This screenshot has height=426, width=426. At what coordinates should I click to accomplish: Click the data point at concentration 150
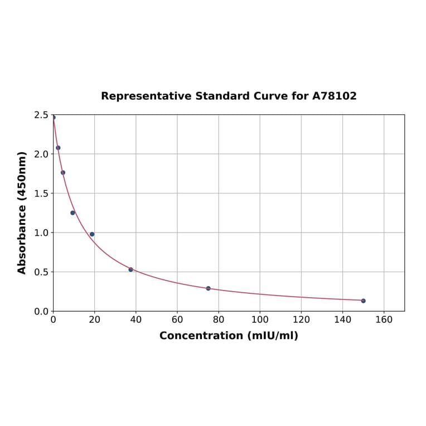(363, 301)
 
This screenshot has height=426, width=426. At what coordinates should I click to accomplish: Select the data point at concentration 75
(208, 288)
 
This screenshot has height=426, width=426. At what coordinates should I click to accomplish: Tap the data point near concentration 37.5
(130, 269)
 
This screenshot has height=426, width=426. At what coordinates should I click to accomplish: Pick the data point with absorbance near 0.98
(92, 234)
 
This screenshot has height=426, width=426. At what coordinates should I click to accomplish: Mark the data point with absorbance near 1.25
(72, 212)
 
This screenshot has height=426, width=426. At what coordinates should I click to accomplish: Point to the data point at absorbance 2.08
(58, 148)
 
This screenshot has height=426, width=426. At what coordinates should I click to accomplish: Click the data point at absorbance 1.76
(63, 172)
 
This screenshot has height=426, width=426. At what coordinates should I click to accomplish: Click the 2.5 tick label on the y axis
(41, 115)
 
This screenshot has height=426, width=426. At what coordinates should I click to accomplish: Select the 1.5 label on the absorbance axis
(41, 193)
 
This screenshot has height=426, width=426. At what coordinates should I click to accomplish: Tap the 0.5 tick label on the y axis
(41, 272)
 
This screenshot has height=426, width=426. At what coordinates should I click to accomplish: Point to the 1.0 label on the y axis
(41, 233)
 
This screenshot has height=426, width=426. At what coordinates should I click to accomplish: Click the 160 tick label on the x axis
(384, 320)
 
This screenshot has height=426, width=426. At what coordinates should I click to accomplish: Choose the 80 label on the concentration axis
(219, 320)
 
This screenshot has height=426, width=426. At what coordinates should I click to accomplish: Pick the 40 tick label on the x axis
(135, 320)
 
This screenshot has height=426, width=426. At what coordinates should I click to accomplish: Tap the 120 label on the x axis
(301, 320)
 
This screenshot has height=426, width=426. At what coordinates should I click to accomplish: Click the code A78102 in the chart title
(334, 96)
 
